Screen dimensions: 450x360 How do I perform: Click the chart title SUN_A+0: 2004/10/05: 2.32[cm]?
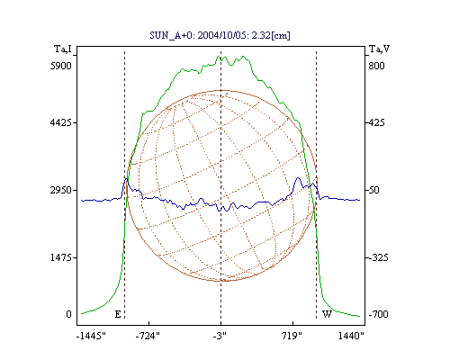pyautogui.click(x=220, y=35)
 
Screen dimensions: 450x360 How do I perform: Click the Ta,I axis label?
pyautogui.click(x=63, y=49)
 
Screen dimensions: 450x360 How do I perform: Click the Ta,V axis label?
pyautogui.click(x=379, y=49)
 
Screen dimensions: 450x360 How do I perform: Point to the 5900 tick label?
pyautogui.click(x=61, y=66)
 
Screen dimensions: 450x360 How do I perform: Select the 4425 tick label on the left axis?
pyautogui.click(x=61, y=122)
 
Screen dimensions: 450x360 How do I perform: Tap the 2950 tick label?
pyautogui.click(x=61, y=190)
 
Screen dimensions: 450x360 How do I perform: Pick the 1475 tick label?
pyautogui.click(x=61, y=257)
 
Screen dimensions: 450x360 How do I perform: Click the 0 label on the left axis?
pyautogui.click(x=68, y=314)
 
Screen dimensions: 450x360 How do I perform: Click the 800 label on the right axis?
pyautogui.click(x=376, y=66)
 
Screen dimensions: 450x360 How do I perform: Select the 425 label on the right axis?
pyautogui.click(x=376, y=122)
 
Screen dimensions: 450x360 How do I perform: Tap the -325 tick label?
pyautogui.click(x=378, y=257)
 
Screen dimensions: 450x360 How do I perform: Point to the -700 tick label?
pyautogui.click(x=378, y=314)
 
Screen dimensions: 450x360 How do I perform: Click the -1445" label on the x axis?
pyautogui.click(x=91, y=336)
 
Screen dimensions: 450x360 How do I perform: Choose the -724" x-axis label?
pyautogui.click(x=148, y=336)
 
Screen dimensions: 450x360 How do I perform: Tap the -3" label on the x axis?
pyautogui.click(x=220, y=336)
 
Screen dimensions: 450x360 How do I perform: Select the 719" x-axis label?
pyautogui.click(x=292, y=336)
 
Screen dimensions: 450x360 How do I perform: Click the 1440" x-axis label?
pyautogui.click(x=351, y=336)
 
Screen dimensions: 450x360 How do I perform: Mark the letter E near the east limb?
pyautogui.click(x=118, y=314)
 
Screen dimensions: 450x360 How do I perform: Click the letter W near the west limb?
pyautogui.click(x=327, y=314)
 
